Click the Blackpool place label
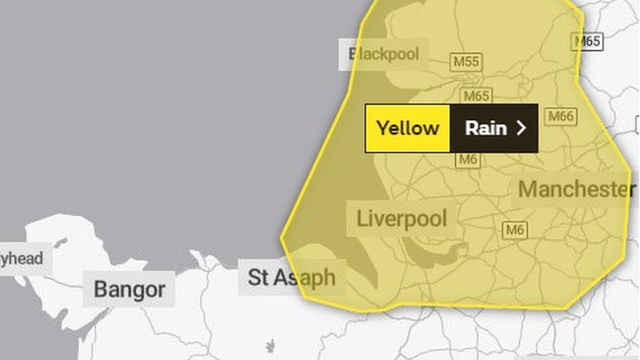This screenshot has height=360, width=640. (384, 54)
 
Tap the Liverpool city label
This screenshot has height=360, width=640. (401, 218)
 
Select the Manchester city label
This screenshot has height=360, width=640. (576, 189)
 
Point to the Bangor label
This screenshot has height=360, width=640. (129, 289)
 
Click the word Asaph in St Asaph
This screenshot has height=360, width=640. (304, 277)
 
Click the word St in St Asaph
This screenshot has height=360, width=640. (258, 277)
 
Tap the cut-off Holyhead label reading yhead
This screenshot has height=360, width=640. (21, 258)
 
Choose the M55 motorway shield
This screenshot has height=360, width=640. (466, 62)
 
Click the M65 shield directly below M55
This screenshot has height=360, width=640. (475, 96)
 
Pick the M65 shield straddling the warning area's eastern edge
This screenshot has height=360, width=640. (587, 41)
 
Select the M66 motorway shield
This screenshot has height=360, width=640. (561, 117)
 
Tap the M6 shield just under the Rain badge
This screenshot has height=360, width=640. (468, 159)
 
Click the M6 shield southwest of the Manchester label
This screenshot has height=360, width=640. (515, 230)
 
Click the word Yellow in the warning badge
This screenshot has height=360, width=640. (407, 129)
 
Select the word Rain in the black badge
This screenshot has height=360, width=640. (485, 129)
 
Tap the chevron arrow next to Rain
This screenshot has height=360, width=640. (521, 129)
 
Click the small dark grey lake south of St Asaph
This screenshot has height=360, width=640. (270, 346)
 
